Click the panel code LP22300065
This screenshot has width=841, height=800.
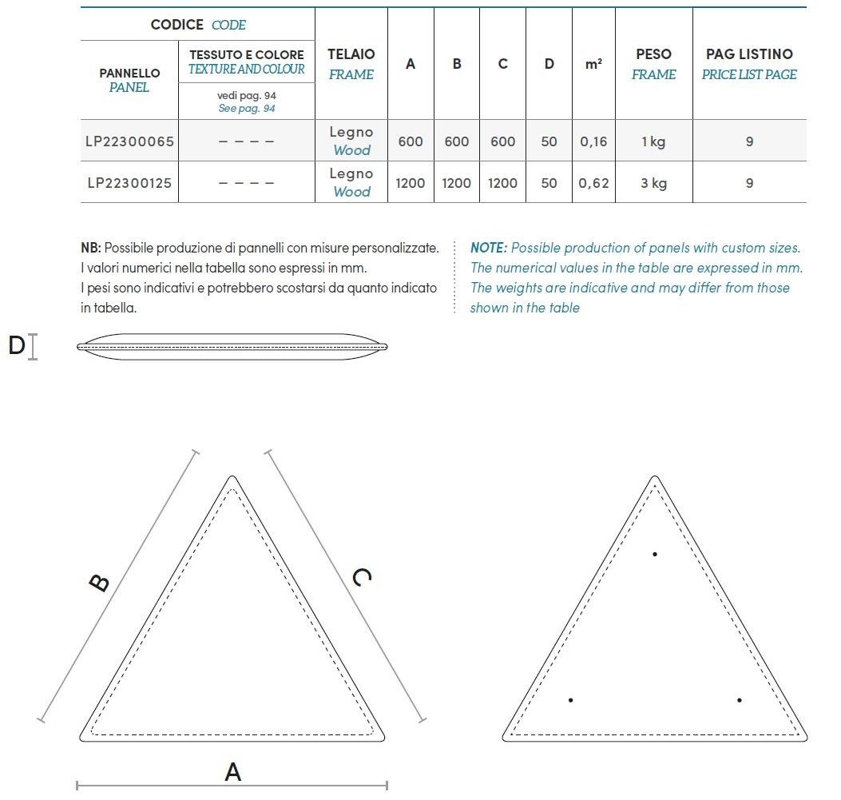pos(129,141)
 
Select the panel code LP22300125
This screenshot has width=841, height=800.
pos(129,183)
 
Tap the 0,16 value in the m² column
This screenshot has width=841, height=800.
pos(593,141)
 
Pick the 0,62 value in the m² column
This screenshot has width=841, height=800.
pos(593,183)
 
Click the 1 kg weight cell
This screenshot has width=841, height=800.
pos(653,141)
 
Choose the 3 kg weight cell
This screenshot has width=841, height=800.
pos(653,183)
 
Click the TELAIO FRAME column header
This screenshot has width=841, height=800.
pos(351,64)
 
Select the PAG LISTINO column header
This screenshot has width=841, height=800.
pos(749,64)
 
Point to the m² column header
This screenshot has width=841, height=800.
pos(593,64)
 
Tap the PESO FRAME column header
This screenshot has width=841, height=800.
pos(653,64)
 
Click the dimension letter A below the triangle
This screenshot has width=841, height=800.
pos(232,772)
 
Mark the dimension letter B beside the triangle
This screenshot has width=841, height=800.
pos(99,583)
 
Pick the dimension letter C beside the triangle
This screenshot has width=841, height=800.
pos(361,576)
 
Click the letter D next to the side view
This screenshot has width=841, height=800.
pos(17,346)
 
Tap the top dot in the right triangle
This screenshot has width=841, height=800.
pos(655,554)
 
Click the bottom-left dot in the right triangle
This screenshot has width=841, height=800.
pos(570,700)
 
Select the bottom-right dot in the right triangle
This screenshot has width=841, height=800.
pos(740,700)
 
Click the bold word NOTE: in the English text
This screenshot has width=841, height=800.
pos(489,248)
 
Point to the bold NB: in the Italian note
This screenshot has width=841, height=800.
pos(91,248)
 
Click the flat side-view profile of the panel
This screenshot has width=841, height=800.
pos(232,347)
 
